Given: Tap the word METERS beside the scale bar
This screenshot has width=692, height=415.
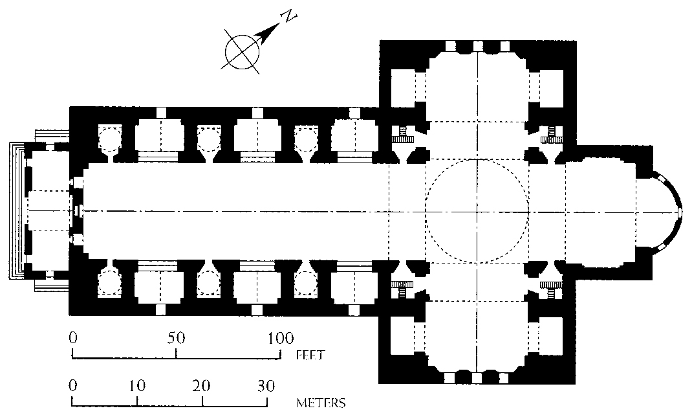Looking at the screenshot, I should (320, 403).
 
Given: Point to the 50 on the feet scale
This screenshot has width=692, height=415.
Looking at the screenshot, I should (176, 338).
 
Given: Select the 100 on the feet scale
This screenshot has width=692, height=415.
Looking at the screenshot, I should (279, 338).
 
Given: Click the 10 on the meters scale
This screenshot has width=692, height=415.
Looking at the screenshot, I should (137, 386).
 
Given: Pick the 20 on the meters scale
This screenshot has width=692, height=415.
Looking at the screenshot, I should (202, 386).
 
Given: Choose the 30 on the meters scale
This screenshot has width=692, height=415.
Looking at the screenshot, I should (266, 386).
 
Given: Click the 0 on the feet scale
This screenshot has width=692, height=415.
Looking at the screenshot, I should (73, 338).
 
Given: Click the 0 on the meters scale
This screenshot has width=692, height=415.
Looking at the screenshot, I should (73, 386).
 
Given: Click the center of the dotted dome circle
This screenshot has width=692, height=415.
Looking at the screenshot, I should (477, 212).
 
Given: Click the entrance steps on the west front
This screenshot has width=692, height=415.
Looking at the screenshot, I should (16, 211).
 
